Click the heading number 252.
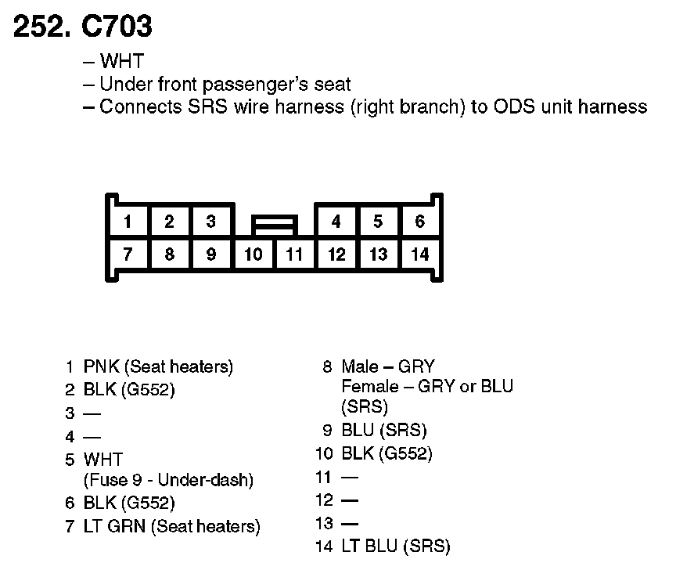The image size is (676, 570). (42, 27)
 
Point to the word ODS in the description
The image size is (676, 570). (515, 106)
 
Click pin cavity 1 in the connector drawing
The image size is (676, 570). (128, 222)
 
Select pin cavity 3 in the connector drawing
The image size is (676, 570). (211, 222)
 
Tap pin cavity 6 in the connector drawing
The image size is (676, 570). (420, 222)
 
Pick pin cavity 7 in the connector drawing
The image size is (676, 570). (128, 254)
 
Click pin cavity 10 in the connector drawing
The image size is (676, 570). (253, 254)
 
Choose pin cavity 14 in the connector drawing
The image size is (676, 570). (420, 254)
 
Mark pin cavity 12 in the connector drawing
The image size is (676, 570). (336, 254)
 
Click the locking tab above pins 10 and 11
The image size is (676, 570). (274, 225)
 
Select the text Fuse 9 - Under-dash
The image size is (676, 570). (168, 480)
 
